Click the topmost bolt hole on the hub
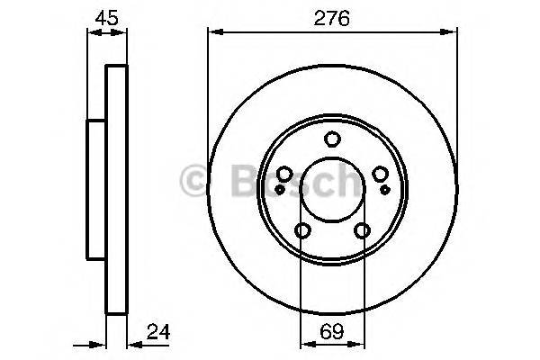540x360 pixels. (x=332, y=139)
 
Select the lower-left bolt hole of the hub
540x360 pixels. (x=302, y=231)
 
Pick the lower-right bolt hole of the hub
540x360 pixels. (x=362, y=231)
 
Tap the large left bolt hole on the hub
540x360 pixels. (x=283, y=175)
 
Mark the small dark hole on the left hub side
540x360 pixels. (x=280, y=189)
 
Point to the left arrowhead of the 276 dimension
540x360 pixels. (x=213, y=32)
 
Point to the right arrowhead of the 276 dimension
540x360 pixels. (x=450, y=32)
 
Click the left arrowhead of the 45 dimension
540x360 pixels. (x=92, y=32)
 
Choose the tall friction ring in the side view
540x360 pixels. (x=116, y=189)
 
